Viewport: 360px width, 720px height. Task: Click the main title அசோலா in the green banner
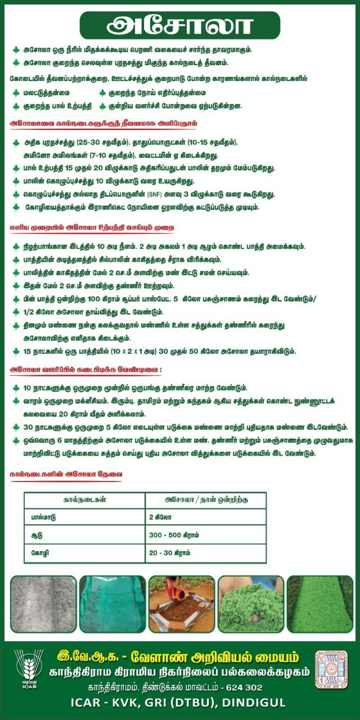tap(180, 26)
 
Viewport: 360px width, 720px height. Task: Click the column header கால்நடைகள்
tap(84, 499)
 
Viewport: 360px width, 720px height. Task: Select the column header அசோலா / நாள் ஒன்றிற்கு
tap(206, 499)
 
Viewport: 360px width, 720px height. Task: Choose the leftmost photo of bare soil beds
tap(42, 604)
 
